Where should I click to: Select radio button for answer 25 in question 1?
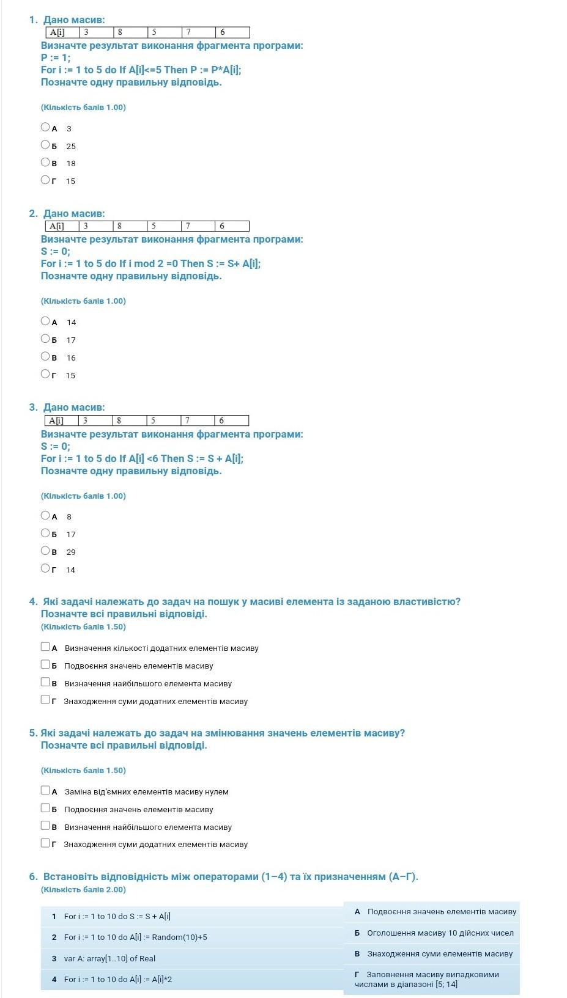[x=45, y=145]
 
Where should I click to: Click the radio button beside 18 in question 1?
[x=45, y=163]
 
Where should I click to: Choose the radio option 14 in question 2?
[x=45, y=321]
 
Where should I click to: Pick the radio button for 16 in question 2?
[x=45, y=356]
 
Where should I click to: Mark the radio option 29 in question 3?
[x=45, y=551]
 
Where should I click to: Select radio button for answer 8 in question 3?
[x=45, y=515]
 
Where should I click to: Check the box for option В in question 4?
[x=45, y=682]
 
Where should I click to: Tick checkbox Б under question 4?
[x=45, y=664]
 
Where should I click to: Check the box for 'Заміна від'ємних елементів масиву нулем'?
[x=45, y=790]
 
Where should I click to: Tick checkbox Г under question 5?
[x=45, y=843]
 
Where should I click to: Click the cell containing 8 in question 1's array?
[x=130, y=32]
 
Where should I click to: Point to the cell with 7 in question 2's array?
[x=198, y=226]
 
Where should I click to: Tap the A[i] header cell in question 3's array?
[x=62, y=420]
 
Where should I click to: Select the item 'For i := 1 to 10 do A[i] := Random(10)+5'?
[x=135, y=937]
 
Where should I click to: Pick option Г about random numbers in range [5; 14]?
[x=432, y=979]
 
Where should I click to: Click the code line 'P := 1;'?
[x=56, y=57]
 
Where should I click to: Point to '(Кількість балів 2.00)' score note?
[x=83, y=889]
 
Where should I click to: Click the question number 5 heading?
[x=33, y=733]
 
